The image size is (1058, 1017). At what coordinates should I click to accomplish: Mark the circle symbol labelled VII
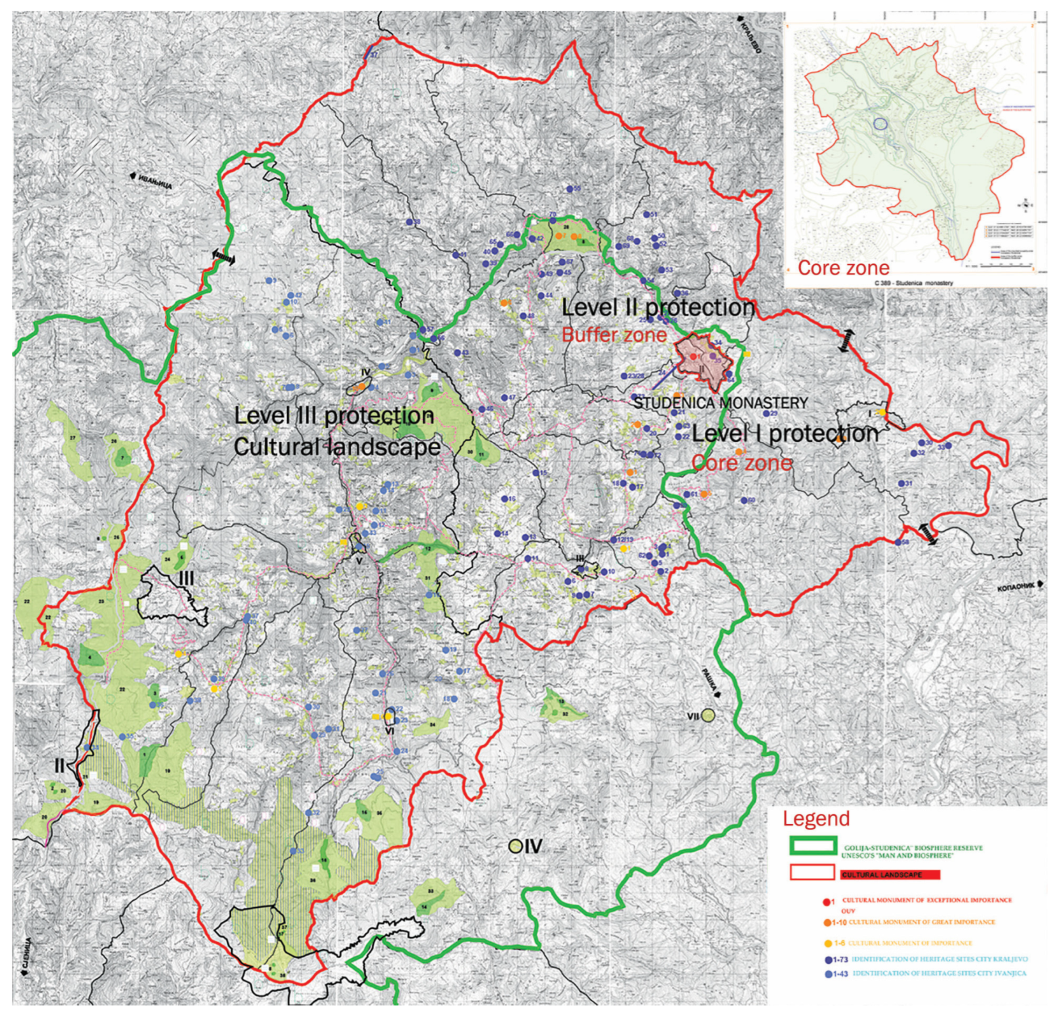[709, 715]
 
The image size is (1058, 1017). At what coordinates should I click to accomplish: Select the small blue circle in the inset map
[880, 124]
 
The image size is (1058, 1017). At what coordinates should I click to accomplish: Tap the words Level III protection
[334, 416]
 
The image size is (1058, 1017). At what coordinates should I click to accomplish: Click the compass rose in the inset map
[1028, 205]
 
